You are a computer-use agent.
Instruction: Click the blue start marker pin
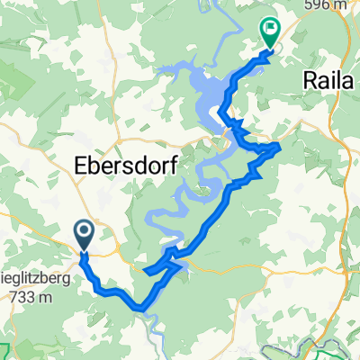click(84, 235)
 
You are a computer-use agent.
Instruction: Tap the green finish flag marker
click(269, 31)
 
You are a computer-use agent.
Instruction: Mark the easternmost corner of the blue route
click(281, 145)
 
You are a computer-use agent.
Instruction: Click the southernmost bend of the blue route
click(142, 311)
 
